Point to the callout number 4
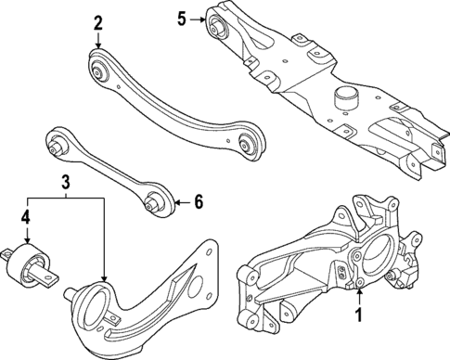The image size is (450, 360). point(27,220)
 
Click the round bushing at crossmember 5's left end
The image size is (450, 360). point(222,26)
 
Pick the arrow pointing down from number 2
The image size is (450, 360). point(98,41)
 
